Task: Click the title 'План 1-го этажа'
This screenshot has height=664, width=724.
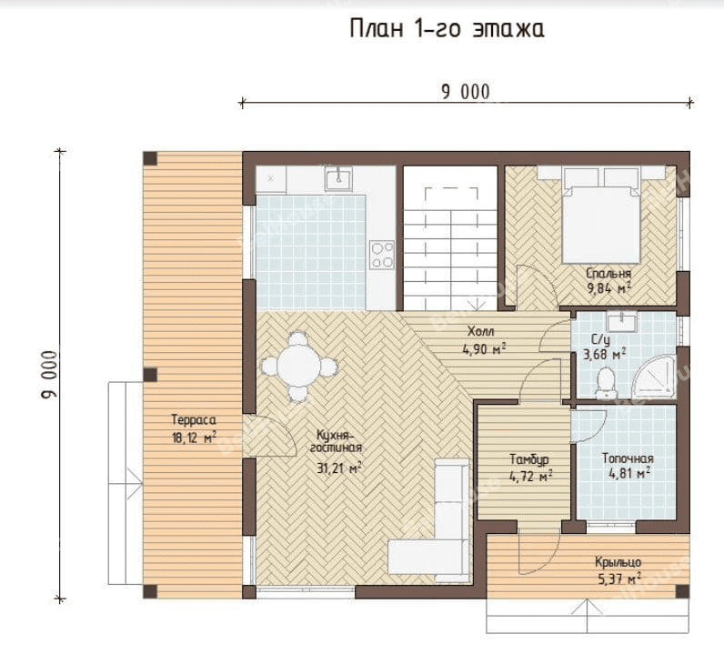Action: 447,29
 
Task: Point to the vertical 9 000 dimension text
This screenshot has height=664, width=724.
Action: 49,375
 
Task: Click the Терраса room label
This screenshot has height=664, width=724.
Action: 194,420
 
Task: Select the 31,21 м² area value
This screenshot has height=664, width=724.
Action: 339,468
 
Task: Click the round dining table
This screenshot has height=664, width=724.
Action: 299,367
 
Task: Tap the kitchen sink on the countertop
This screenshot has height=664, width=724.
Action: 338,178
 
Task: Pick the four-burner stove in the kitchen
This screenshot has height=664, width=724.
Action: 382,255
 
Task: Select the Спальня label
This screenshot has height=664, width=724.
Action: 608,274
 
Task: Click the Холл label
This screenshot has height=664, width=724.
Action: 480,331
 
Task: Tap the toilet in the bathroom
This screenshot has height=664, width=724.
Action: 606,383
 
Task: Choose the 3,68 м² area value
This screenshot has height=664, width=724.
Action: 605,355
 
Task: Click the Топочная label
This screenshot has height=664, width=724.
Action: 628,458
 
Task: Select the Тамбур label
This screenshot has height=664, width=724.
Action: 529,459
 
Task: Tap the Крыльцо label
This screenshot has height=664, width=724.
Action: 618,562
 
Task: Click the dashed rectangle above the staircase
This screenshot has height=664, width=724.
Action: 451,198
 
